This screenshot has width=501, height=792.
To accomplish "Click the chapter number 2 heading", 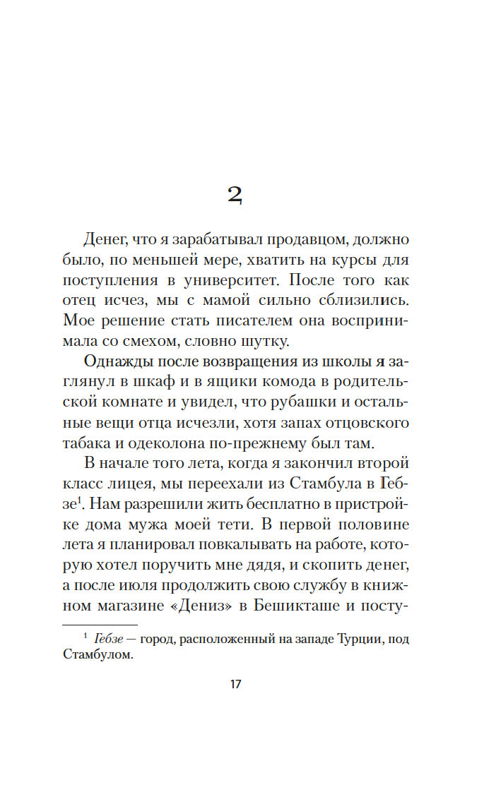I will [235, 196].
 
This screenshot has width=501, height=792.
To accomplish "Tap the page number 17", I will [236, 685].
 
